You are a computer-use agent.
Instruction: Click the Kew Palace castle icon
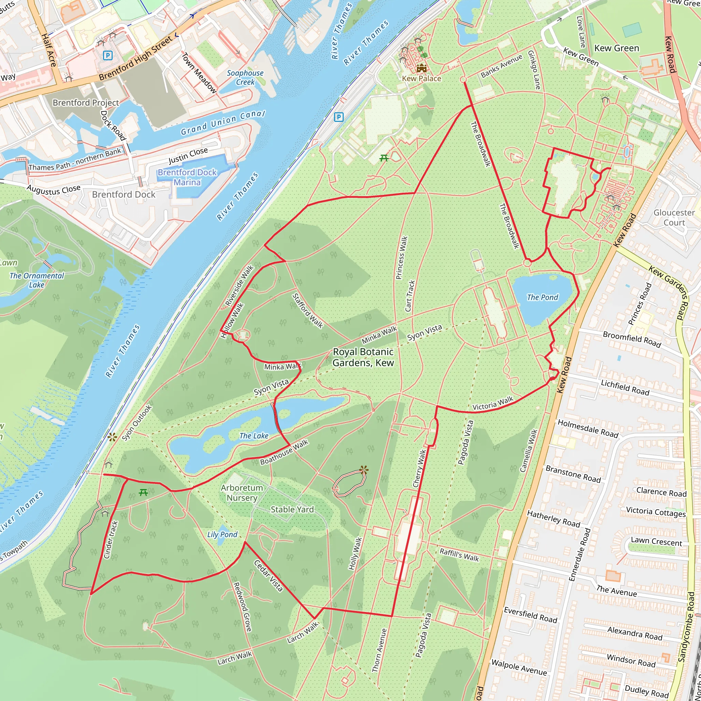421,68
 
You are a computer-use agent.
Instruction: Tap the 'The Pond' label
543,297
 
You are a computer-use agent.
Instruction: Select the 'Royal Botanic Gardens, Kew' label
363,357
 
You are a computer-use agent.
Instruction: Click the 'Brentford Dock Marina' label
187,177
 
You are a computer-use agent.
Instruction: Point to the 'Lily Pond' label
222,534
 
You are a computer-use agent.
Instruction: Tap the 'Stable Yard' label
292,509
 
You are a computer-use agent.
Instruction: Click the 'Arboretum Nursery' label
242,493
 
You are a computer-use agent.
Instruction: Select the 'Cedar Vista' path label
268,575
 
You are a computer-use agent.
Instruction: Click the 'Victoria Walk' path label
493,404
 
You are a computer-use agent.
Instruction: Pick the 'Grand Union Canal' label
223,122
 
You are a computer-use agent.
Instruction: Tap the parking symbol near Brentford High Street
107,55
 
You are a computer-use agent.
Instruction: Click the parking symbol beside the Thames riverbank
338,117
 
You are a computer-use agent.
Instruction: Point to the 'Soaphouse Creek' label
245,77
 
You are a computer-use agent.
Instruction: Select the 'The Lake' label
254,436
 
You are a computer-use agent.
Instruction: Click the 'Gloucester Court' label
674,217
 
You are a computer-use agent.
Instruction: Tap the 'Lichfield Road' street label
625,387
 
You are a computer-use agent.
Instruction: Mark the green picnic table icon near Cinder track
143,492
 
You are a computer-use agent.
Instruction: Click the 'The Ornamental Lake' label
37,280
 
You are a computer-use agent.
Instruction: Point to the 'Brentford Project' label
86,103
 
